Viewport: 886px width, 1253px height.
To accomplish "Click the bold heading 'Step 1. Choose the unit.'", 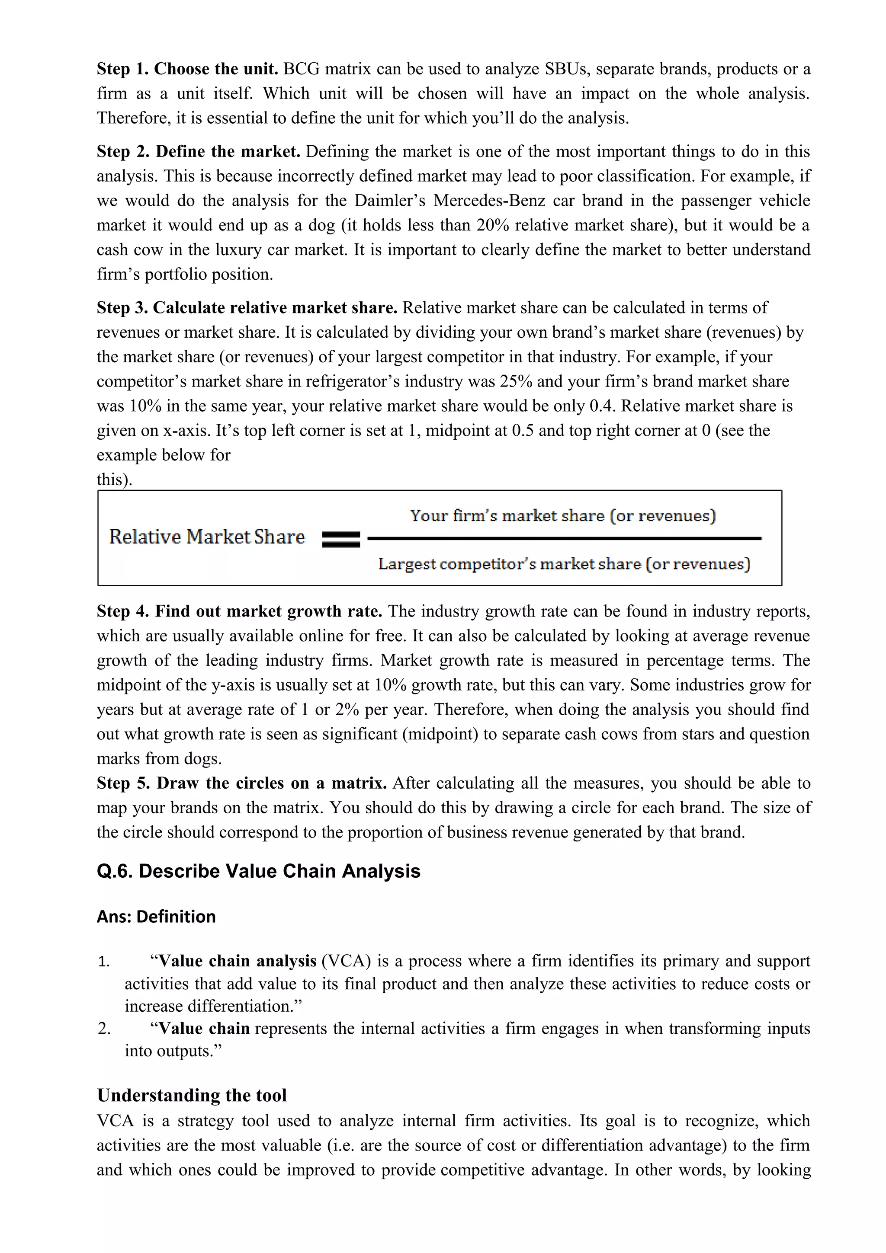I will click(x=187, y=69).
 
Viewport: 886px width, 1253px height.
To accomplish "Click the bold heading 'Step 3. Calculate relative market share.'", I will click(x=247, y=308).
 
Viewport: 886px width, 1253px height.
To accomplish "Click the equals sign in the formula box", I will click(x=340, y=540).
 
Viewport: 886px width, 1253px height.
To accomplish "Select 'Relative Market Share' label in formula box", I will click(x=207, y=537).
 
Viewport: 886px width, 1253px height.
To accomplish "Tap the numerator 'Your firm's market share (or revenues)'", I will click(x=563, y=516).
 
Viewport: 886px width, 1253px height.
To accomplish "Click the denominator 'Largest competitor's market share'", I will click(x=564, y=564).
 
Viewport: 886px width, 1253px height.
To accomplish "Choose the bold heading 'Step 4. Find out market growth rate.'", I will click(x=239, y=611).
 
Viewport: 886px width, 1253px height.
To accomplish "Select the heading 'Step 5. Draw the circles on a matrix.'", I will click(x=242, y=783).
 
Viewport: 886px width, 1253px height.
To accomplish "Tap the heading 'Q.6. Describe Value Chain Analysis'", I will click(x=258, y=871).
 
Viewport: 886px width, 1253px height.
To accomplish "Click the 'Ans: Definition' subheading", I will click(x=156, y=917).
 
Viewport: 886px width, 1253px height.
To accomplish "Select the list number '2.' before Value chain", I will click(x=104, y=1029).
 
